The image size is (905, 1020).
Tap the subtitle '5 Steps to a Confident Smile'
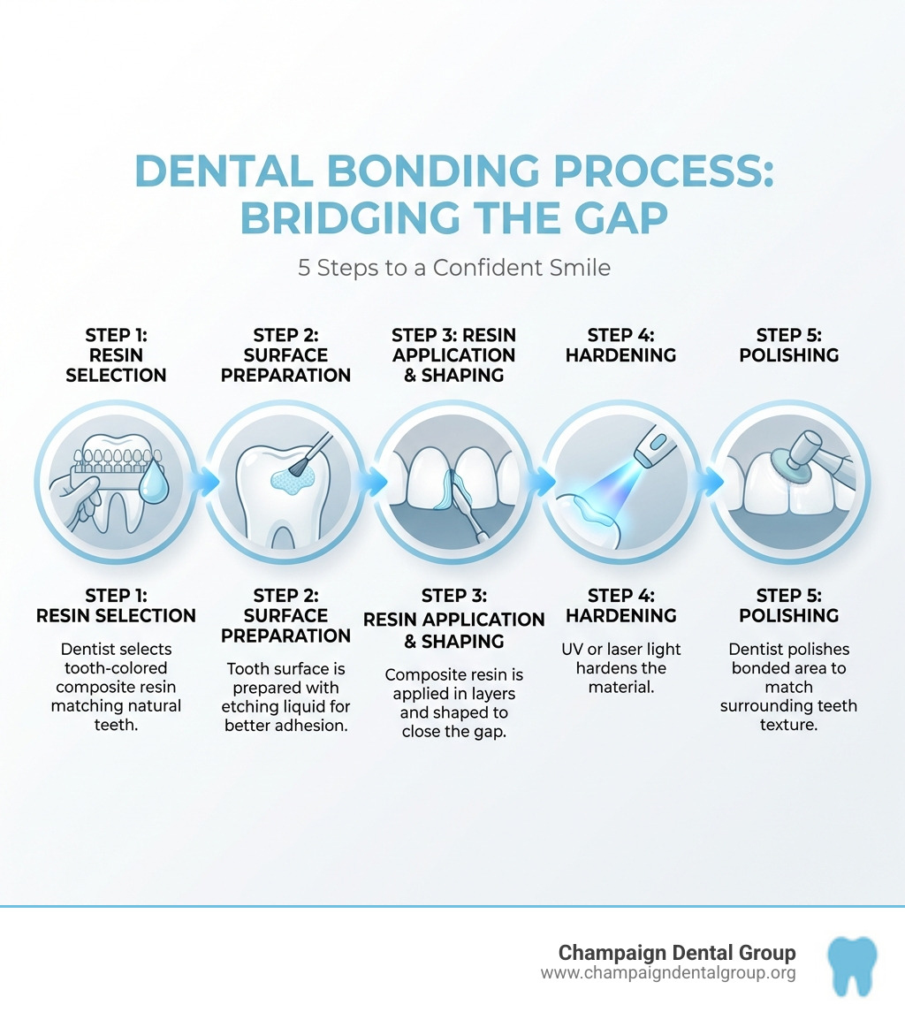click(x=453, y=267)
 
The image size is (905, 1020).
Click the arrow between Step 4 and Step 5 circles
click(x=706, y=483)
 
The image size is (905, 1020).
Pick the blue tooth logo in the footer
click(x=852, y=965)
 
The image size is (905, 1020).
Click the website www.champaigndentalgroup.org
click(x=667, y=973)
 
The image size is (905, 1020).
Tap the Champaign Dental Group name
click(x=677, y=953)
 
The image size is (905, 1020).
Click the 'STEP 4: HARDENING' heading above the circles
click(x=620, y=345)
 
